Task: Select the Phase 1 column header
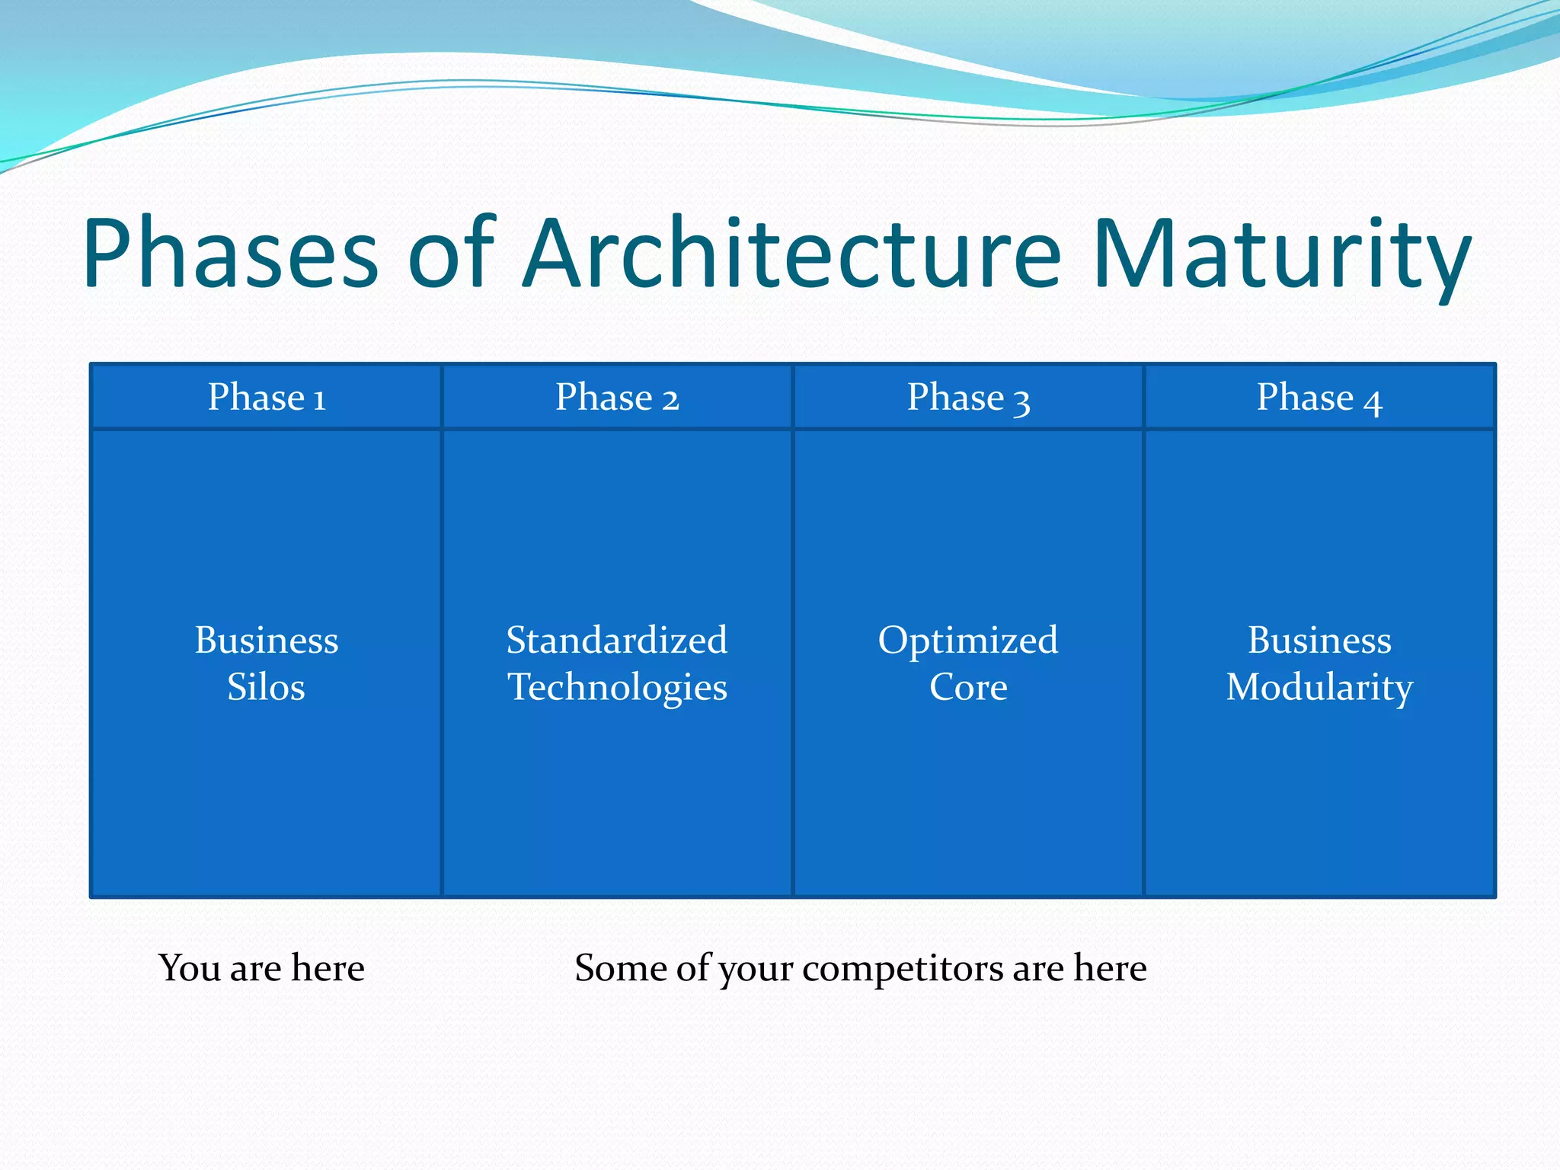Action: (267, 398)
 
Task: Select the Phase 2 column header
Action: (617, 398)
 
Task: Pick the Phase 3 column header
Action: (968, 398)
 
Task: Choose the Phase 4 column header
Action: (1319, 398)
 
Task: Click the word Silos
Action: (266, 687)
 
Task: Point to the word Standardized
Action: (617, 640)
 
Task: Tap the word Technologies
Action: (617, 687)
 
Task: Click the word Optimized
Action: (968, 640)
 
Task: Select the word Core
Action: (968, 687)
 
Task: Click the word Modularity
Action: (1319, 687)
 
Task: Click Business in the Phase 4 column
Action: (1319, 640)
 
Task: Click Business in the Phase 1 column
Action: (266, 640)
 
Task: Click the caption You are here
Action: (261, 968)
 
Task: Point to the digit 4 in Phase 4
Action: (1373, 402)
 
